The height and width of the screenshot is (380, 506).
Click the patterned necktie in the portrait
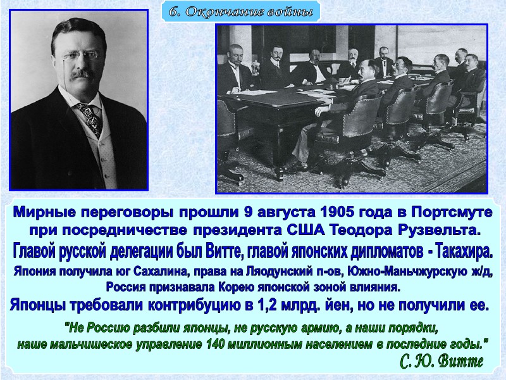click(90, 117)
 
